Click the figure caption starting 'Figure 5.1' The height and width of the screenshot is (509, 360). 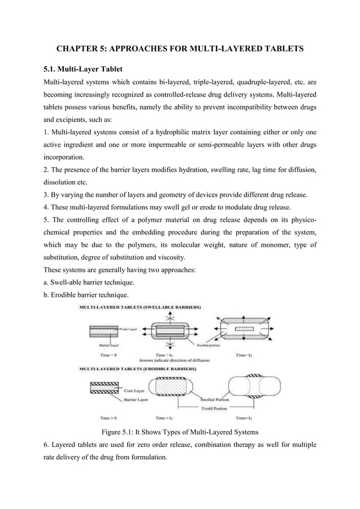pos(179,432)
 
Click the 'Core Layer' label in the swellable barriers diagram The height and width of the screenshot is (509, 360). pos(131,327)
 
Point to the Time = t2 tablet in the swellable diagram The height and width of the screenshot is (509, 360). pos(243,328)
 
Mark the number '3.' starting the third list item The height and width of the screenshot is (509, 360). pos(47,195)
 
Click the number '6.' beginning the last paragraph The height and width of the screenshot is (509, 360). pos(47,445)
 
